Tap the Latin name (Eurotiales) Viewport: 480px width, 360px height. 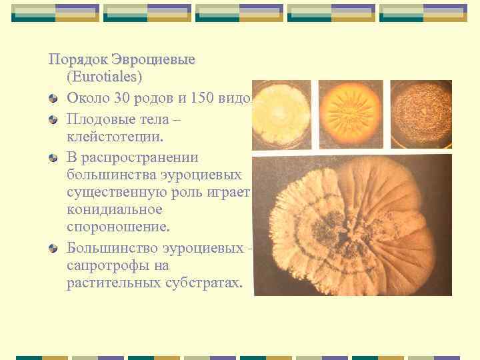tap(104, 77)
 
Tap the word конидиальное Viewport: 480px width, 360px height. tap(115, 209)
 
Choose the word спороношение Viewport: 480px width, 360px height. tap(119, 227)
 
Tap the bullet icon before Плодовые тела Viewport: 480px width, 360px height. tap(53, 119)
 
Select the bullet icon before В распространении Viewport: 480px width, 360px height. tap(53, 157)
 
